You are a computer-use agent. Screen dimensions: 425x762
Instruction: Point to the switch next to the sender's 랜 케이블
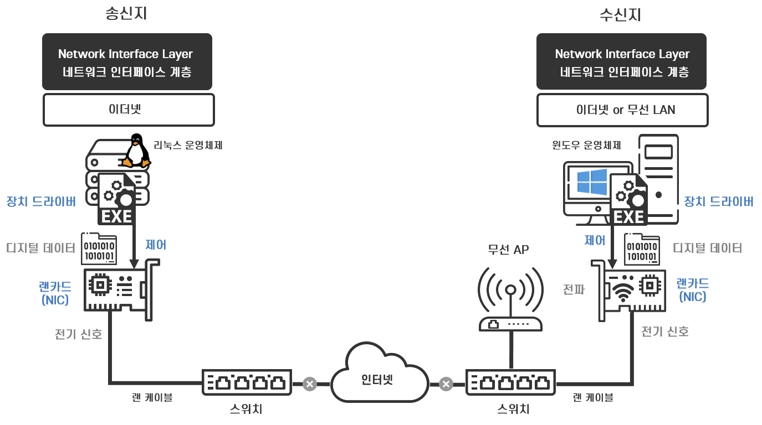(247, 382)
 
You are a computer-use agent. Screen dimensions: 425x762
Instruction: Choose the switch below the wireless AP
(510, 382)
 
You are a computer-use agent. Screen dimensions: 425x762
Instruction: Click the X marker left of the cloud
(310, 383)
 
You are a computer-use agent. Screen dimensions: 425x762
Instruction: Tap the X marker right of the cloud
(446, 383)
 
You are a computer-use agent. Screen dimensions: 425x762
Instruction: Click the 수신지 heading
(621, 15)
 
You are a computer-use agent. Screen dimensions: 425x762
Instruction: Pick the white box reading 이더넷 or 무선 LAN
(622, 110)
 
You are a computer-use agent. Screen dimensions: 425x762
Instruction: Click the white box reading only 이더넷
(129, 110)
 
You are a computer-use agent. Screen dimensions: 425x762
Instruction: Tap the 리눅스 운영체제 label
(188, 146)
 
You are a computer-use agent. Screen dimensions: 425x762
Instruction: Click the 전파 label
(574, 289)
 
